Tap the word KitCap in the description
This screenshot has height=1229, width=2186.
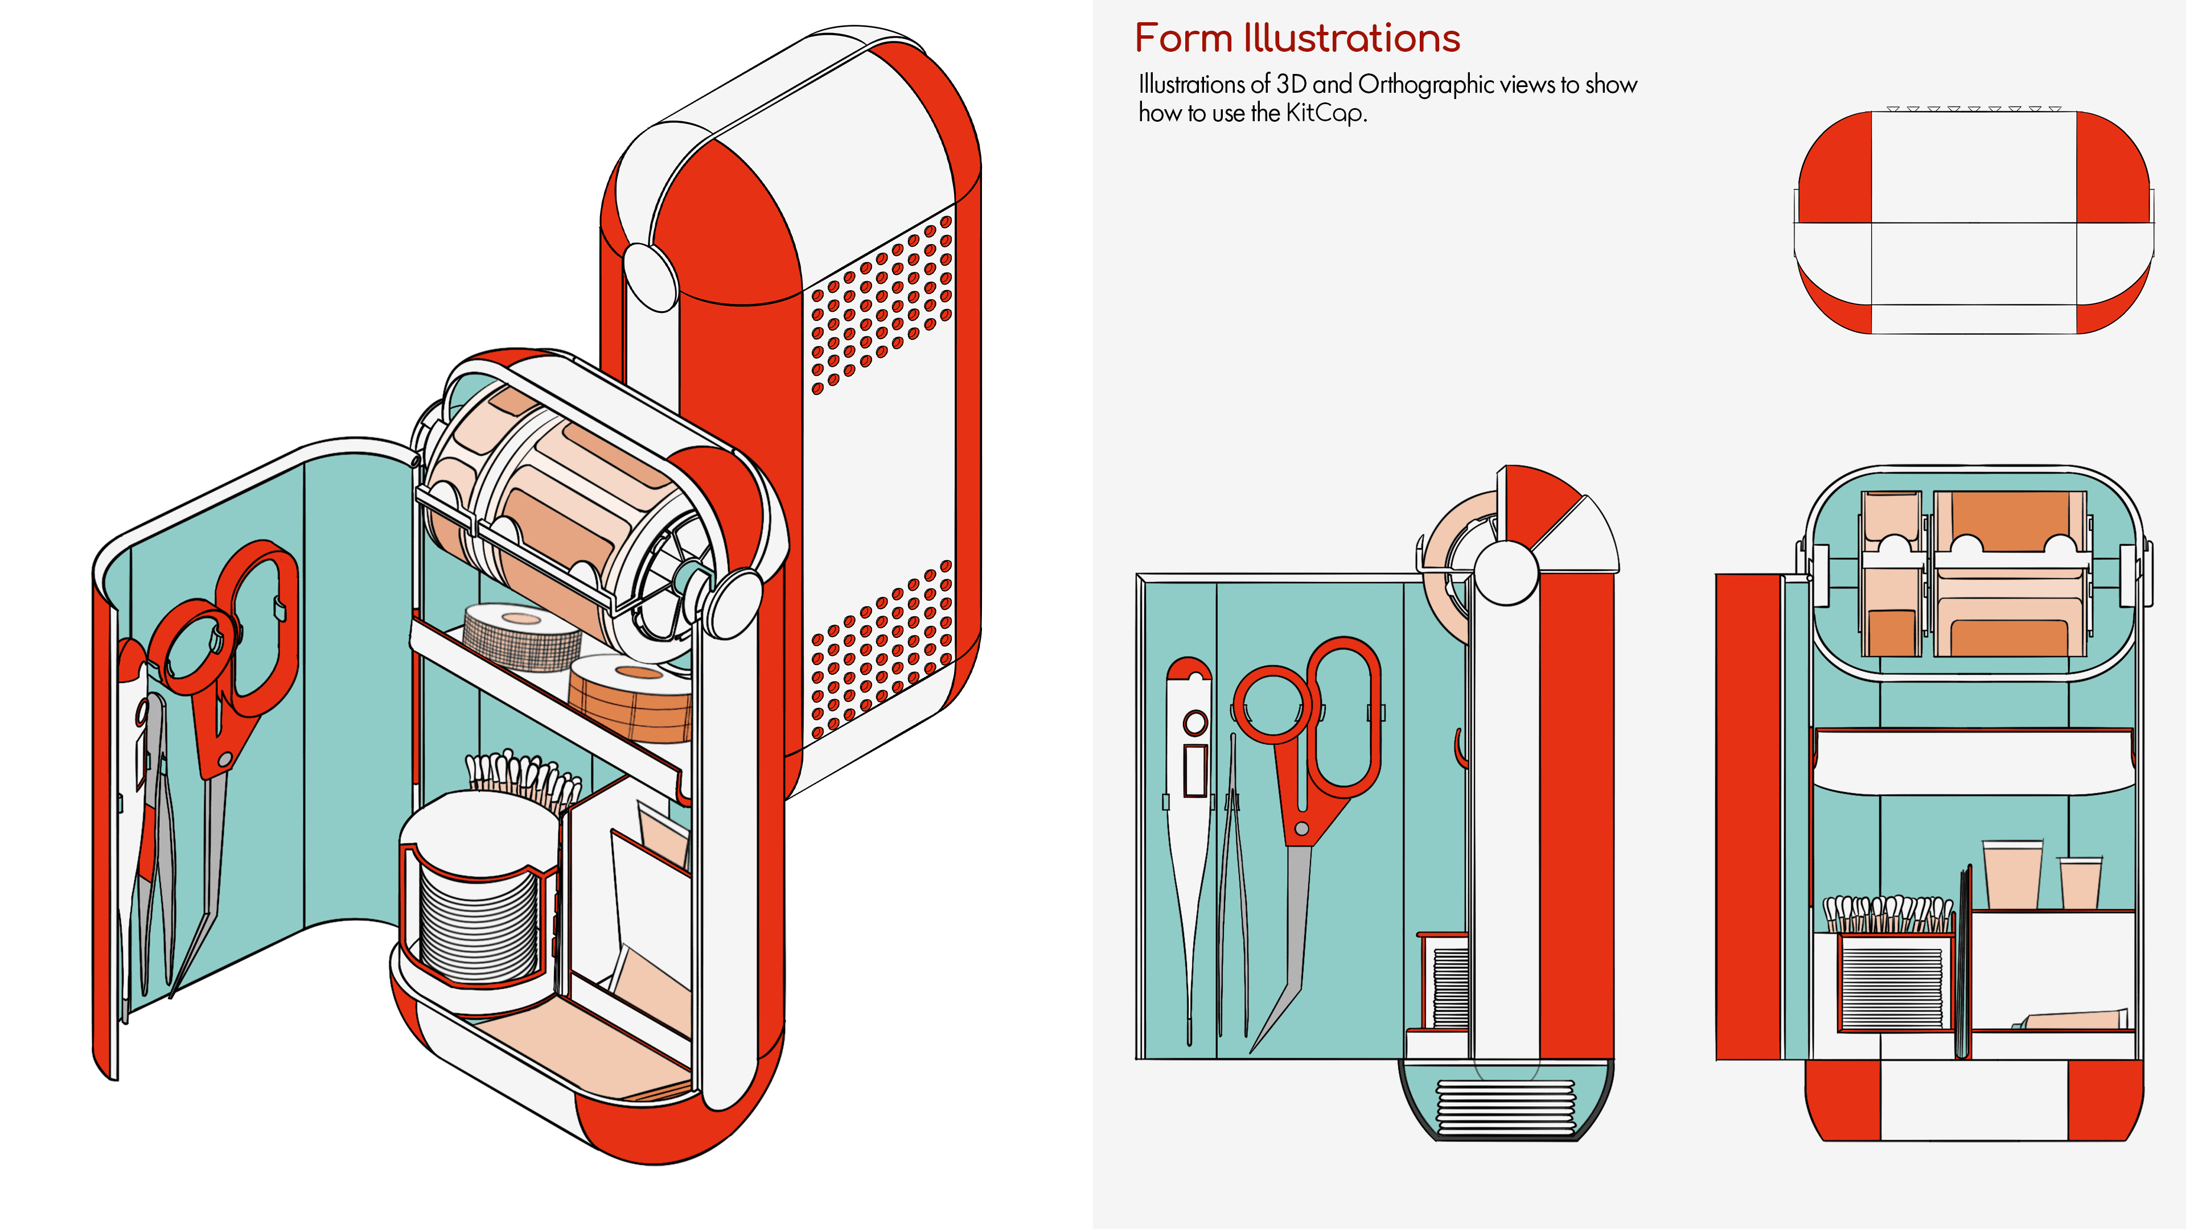[1324, 113]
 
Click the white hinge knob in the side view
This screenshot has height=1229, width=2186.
[1506, 572]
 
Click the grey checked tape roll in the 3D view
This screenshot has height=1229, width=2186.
[519, 636]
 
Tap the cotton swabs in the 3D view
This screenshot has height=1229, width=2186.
[522, 776]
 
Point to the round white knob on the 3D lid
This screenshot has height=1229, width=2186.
[650, 275]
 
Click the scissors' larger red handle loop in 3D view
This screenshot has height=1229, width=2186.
[259, 628]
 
